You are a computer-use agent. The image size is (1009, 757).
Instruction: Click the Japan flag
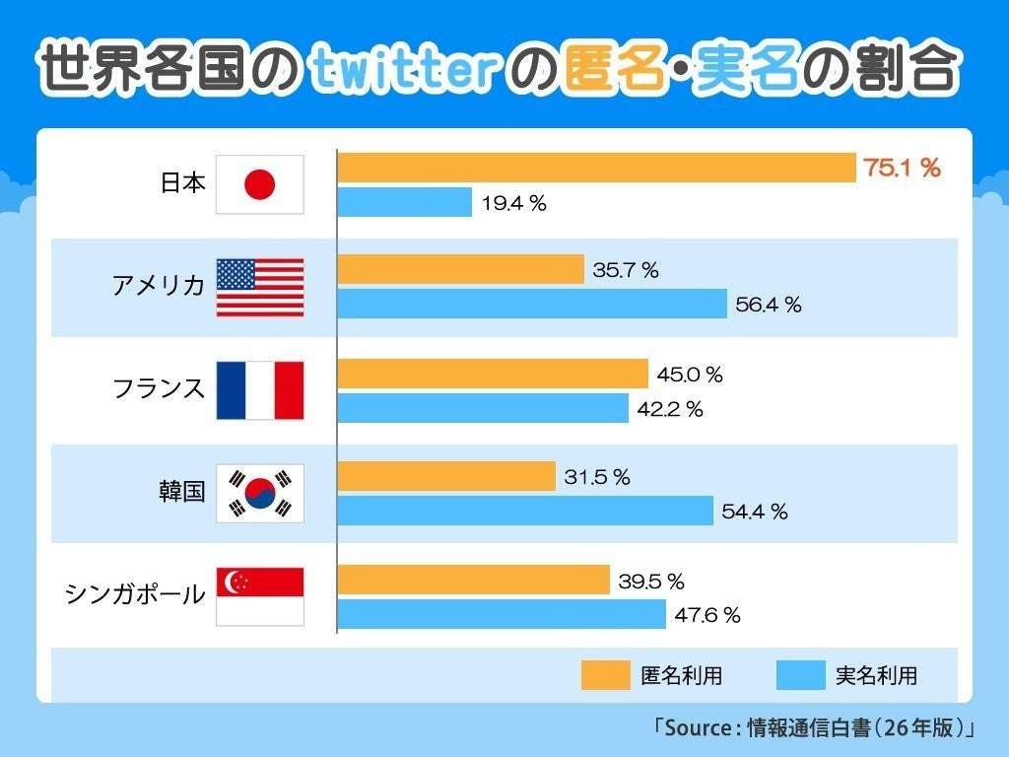click(260, 184)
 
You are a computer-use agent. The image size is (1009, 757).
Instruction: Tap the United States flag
click(260, 287)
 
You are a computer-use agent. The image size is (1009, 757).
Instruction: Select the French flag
click(260, 390)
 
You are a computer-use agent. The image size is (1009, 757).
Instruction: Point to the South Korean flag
click(260, 493)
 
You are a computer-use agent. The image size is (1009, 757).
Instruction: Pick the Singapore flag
click(260, 596)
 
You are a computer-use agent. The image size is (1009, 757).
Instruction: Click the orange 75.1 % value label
click(902, 169)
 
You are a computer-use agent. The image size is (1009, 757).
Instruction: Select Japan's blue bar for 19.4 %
click(405, 202)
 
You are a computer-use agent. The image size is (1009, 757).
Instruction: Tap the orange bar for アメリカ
click(461, 270)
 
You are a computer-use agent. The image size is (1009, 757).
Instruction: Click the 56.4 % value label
click(769, 305)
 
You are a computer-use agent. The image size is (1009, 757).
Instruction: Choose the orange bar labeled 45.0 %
click(493, 374)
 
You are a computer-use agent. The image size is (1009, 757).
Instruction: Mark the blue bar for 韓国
click(525, 511)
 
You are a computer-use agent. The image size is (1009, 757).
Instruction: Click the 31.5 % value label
click(597, 477)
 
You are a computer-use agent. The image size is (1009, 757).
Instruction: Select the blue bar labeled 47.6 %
click(502, 614)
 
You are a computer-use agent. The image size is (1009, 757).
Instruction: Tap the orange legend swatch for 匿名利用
click(604, 675)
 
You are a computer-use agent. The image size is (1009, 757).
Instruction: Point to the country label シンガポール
click(135, 594)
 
